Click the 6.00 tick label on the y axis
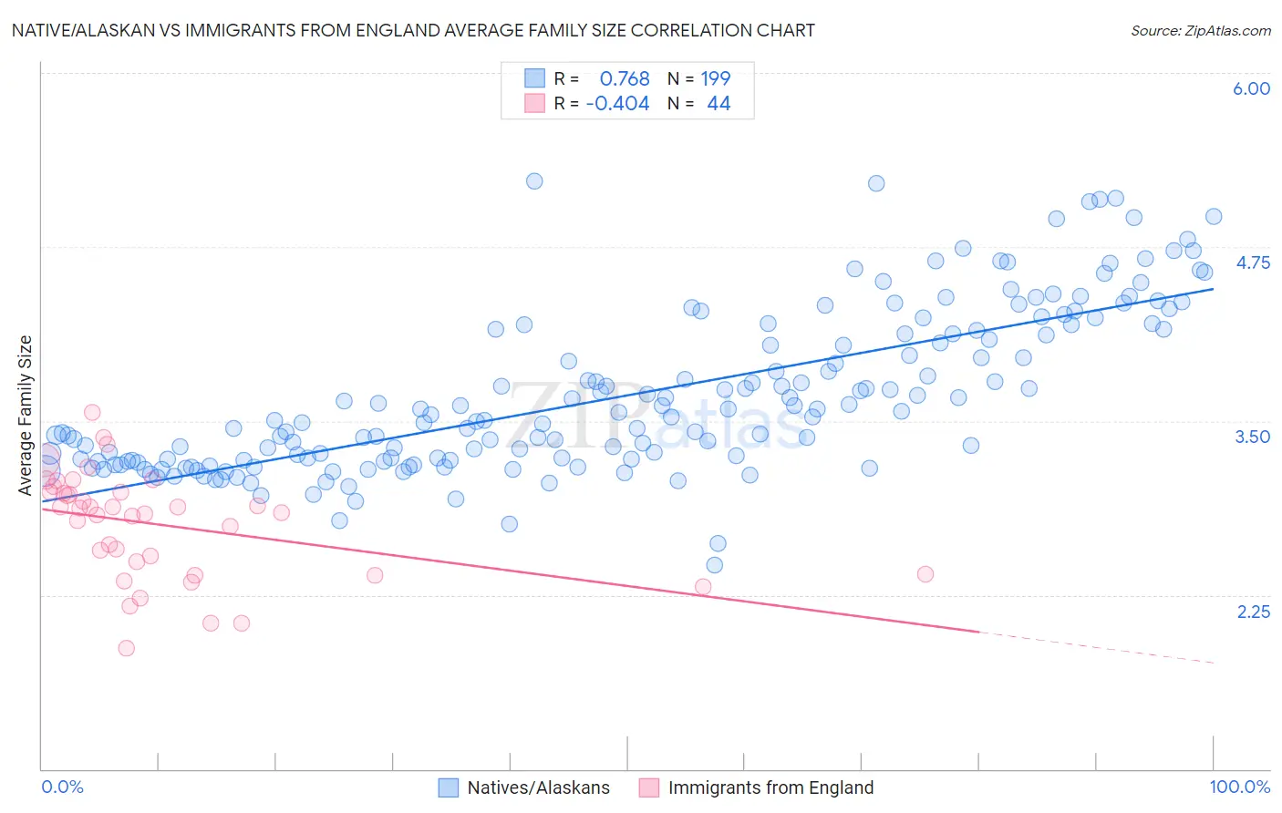[1251, 88]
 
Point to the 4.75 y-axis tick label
[1252, 262]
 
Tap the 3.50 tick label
[1252, 437]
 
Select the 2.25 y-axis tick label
[1253, 612]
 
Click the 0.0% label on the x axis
[63, 787]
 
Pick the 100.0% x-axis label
[1239, 787]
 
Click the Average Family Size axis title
[26, 416]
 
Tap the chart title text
[413, 30]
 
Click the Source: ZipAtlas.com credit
[1200, 30]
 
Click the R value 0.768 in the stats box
[625, 78]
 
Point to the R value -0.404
[617, 103]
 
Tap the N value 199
[716, 78]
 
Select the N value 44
[719, 103]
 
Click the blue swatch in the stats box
[534, 78]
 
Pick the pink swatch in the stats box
[534, 103]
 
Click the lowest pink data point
[127, 648]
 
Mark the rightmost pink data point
[925, 574]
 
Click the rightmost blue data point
[1214, 217]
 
